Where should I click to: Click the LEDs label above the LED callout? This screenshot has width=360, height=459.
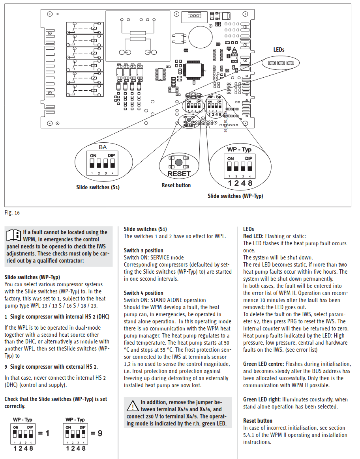(279, 50)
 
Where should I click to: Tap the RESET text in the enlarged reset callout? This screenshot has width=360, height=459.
(179, 174)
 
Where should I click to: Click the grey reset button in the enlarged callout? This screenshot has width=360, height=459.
(178, 162)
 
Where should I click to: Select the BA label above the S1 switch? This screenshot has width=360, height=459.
(103, 147)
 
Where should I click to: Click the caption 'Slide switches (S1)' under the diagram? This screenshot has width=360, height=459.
(98, 187)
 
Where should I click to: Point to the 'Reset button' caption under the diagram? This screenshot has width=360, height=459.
(176, 185)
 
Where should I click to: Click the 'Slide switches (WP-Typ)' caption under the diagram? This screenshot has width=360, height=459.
(235, 196)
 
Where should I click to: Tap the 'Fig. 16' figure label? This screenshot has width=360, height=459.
(12, 213)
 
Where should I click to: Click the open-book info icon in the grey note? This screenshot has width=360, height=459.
(14, 235)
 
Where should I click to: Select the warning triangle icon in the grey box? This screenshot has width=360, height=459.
(133, 406)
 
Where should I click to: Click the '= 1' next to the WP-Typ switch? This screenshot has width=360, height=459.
(44, 433)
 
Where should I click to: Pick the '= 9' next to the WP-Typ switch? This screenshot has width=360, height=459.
(96, 433)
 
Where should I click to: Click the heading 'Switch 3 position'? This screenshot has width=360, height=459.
(144, 250)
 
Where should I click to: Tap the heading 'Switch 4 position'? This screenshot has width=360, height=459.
(144, 293)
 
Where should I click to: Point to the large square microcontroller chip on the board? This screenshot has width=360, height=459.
(194, 70)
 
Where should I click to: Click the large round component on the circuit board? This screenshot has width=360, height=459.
(201, 37)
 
